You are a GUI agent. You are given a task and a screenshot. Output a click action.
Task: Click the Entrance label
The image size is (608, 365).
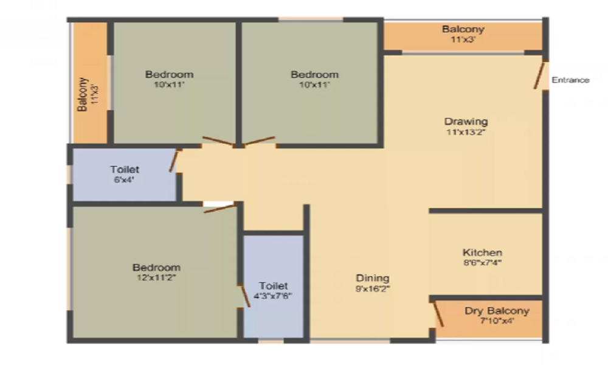pyautogui.click(x=570, y=80)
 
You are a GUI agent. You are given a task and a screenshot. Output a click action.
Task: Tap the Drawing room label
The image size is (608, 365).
pyautogui.click(x=466, y=121)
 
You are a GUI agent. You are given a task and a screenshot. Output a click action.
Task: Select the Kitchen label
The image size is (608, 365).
pyautogui.click(x=482, y=252)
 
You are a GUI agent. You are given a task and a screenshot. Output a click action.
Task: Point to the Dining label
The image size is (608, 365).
pyautogui.click(x=373, y=279)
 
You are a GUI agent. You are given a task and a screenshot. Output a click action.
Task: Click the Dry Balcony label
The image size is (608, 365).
pyautogui.click(x=497, y=311)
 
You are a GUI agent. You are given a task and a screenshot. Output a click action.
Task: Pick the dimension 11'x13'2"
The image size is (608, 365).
pyautogui.click(x=466, y=131)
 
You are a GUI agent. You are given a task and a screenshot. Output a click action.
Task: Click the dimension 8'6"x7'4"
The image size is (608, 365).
pyautogui.click(x=482, y=263)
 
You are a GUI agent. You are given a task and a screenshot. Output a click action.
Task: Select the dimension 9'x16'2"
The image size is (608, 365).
pyautogui.click(x=373, y=289)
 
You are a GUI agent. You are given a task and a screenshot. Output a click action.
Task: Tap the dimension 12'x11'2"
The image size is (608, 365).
pyautogui.click(x=156, y=277)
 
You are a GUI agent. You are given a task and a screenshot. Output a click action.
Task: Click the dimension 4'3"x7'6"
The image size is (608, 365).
pyautogui.click(x=273, y=296)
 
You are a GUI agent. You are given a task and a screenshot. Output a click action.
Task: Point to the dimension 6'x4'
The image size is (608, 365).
pyautogui.click(x=125, y=179)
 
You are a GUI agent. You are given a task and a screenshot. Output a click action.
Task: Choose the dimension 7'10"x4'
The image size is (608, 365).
pyautogui.click(x=497, y=321)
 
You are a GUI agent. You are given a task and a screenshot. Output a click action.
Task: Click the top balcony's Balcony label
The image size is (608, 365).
pyautogui.click(x=463, y=29)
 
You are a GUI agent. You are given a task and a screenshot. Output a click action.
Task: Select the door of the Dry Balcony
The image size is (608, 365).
pyautogui.click(x=438, y=314)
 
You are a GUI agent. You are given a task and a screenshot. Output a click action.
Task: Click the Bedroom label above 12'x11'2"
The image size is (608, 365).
pyautogui.click(x=156, y=268)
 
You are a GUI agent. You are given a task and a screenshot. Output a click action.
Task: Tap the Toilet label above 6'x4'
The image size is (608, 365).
pyautogui.click(x=125, y=169)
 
